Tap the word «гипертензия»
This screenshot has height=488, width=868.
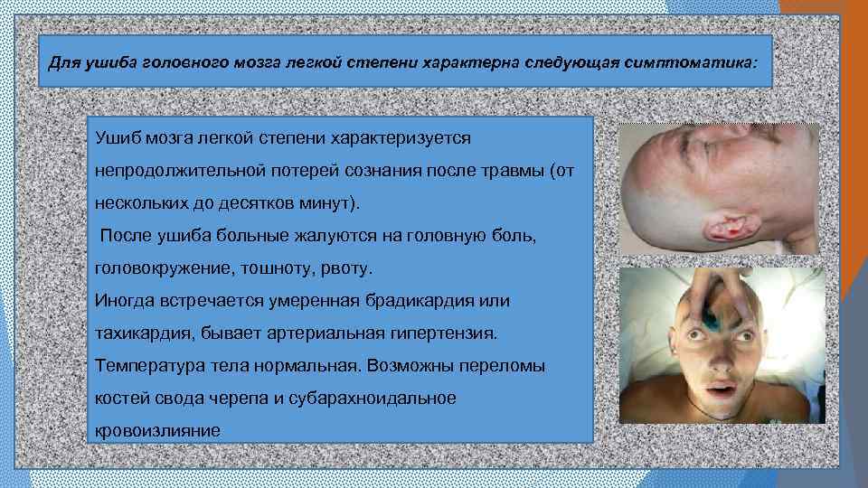coord(441,334)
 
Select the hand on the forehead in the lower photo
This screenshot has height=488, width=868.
coord(714,289)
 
